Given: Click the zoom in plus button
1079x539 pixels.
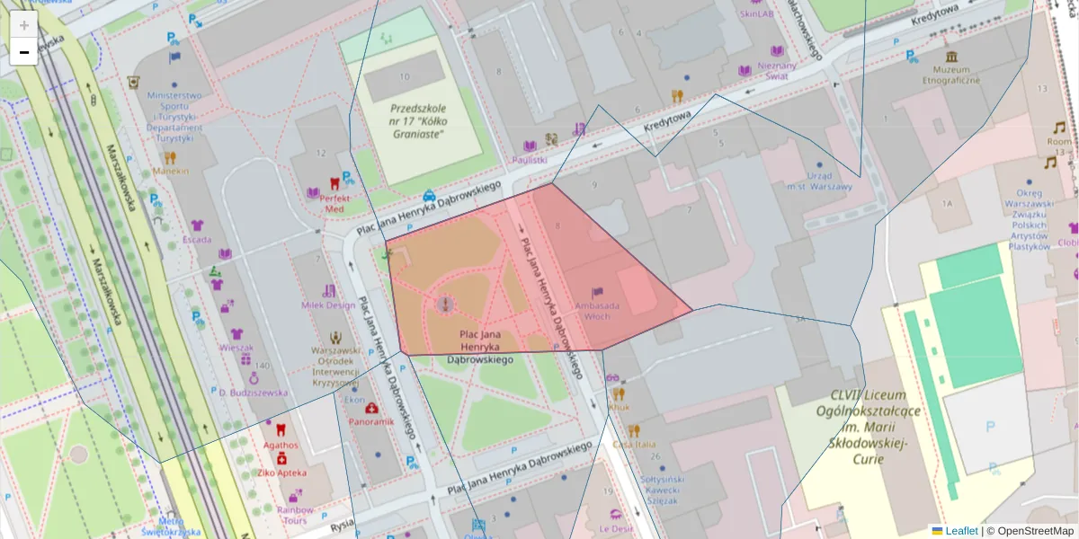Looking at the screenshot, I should (24, 25).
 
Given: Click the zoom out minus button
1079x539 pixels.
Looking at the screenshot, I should (24, 52).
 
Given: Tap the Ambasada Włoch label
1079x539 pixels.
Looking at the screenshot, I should (597, 311).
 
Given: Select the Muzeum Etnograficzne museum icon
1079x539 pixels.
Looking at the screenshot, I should (951, 57).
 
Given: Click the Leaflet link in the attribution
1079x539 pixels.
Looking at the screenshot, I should (960, 531).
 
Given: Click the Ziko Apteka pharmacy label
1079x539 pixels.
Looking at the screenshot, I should (281, 473).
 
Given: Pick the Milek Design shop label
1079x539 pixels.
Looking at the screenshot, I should (328, 305).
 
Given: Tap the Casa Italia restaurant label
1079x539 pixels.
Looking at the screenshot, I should (634, 445).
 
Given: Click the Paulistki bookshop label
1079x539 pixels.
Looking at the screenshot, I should (530, 159).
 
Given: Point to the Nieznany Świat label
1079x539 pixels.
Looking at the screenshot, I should (777, 71).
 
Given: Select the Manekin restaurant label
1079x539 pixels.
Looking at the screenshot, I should (171, 170).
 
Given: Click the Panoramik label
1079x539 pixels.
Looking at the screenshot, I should (371, 422).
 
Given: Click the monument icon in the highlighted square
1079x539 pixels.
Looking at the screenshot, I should (444, 305).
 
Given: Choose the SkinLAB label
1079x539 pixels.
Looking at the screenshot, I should (756, 14).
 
